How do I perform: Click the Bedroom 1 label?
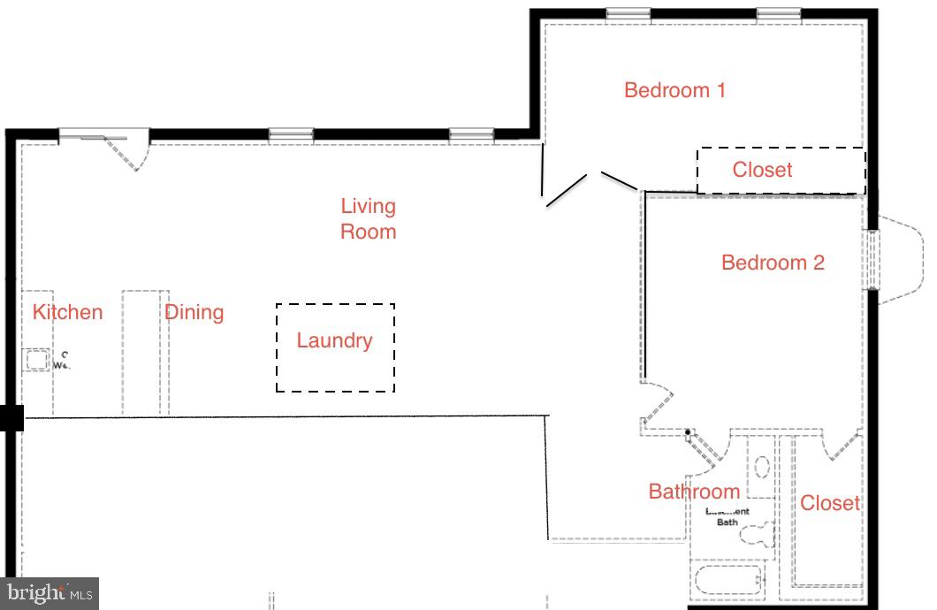click(674, 90)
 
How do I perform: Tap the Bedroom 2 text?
click(773, 263)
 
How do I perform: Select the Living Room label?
click(369, 218)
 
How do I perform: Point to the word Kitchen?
click(67, 312)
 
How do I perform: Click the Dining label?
click(194, 312)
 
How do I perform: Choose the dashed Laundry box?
click(335, 347)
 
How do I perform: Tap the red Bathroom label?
click(694, 492)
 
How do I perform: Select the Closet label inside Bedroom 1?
click(762, 170)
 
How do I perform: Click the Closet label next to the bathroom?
click(829, 503)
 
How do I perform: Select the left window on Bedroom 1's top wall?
click(628, 13)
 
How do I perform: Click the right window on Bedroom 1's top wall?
click(779, 13)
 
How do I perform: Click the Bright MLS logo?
click(50, 593)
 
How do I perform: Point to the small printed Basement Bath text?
click(727, 517)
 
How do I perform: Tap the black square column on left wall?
click(11, 418)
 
